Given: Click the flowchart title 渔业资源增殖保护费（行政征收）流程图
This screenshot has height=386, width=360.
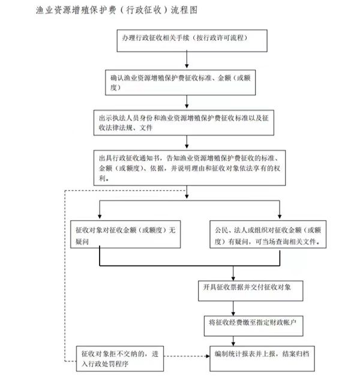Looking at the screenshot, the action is tap(116, 10).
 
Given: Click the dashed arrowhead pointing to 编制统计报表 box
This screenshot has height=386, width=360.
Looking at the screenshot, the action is tap(208, 356).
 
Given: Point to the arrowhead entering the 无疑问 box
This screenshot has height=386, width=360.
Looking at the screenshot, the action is tap(100, 217).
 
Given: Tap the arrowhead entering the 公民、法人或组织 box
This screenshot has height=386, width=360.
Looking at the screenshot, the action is tap(280, 217).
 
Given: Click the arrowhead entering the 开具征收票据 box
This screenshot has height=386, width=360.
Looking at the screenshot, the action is tap(233, 279).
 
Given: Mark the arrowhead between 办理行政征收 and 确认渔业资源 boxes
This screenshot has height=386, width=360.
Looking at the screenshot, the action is tap(187, 66).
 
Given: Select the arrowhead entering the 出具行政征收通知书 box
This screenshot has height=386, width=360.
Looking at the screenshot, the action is tap(187, 146).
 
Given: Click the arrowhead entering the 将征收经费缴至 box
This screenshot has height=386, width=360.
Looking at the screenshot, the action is tap(233, 314).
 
